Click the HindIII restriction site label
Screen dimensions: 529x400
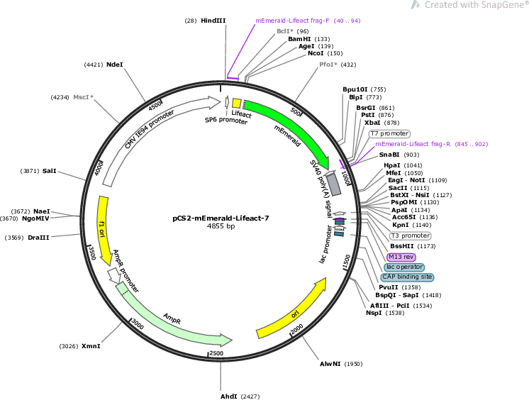point(213,21)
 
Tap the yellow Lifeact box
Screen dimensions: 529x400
point(237,104)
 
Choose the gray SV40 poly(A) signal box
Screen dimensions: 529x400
point(333,184)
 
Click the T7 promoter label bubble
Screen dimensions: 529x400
point(390,133)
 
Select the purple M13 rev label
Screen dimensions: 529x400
point(401,257)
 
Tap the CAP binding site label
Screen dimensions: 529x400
point(407,277)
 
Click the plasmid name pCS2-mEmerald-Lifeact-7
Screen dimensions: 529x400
point(221,218)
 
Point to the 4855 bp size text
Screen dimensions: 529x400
point(221,226)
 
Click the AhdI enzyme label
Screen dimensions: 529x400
point(229,396)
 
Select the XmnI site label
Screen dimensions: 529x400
point(91,346)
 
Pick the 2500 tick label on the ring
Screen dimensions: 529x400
point(216,353)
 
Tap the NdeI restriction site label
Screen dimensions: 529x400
point(115,65)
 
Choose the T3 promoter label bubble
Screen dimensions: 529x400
point(411,235)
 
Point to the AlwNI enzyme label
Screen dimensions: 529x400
point(330,364)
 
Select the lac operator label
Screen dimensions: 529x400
point(404,267)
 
